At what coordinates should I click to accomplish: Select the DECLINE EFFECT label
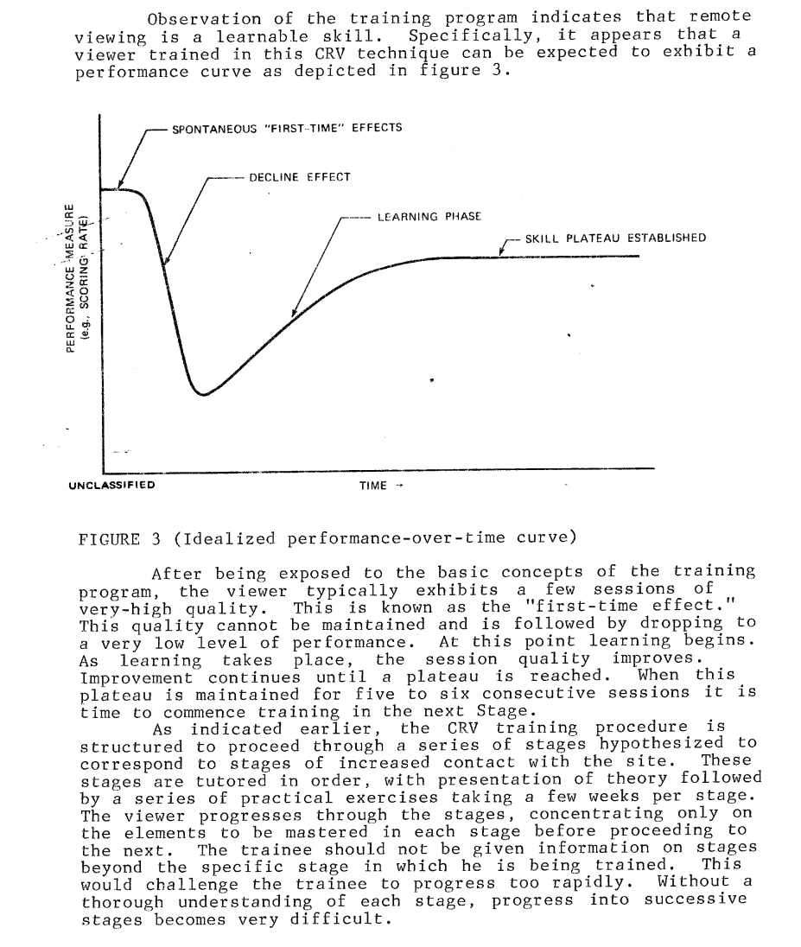pyautogui.click(x=299, y=177)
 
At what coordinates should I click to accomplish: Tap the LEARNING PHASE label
pyautogui.click(x=429, y=216)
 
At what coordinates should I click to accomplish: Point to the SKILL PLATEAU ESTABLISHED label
pyautogui.click(x=615, y=238)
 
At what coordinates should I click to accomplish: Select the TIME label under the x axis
pyautogui.click(x=374, y=486)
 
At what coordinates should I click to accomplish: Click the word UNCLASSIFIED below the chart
pyautogui.click(x=111, y=485)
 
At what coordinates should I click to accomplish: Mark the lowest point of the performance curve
pyautogui.click(x=204, y=395)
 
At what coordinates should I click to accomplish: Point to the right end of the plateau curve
pyautogui.click(x=639, y=257)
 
